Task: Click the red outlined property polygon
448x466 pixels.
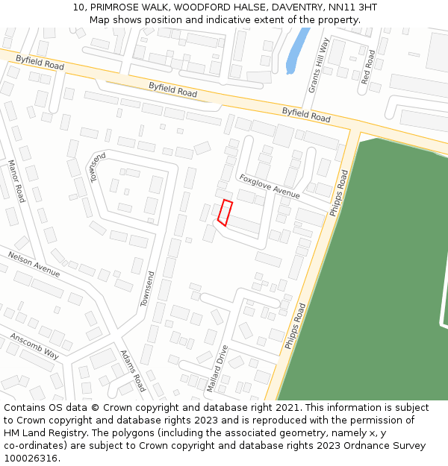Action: click(225, 212)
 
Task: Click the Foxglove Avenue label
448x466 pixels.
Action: click(269, 186)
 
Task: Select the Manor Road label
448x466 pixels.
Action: click(16, 181)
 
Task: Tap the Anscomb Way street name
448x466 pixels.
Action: click(34, 346)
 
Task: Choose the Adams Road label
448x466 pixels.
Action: click(133, 372)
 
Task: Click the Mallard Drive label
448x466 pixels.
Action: click(217, 368)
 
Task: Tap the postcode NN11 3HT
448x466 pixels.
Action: click(352, 7)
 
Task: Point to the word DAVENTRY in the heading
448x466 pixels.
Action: click(296, 7)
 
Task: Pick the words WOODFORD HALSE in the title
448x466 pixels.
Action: click(217, 7)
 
